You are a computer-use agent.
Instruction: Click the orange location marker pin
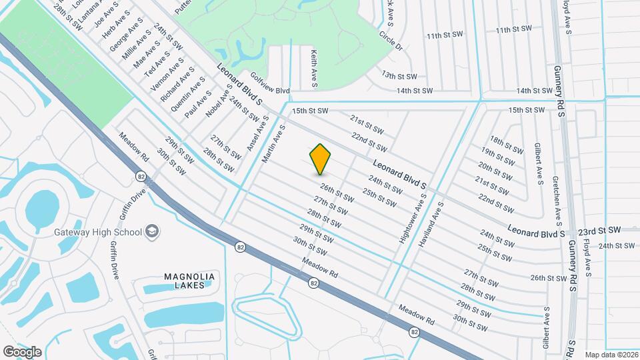click(x=321, y=159)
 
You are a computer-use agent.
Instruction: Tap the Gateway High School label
click(x=98, y=232)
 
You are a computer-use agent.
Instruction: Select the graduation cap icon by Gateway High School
click(x=152, y=231)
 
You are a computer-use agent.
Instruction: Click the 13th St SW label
click(x=399, y=77)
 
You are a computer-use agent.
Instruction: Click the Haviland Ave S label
click(x=431, y=225)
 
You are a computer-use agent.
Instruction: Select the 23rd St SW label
click(x=599, y=230)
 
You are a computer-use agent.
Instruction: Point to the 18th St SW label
click(x=506, y=143)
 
